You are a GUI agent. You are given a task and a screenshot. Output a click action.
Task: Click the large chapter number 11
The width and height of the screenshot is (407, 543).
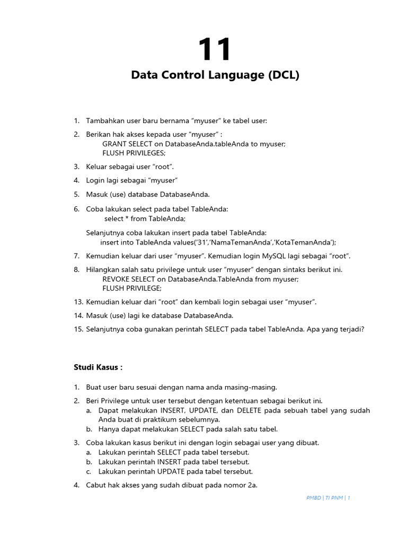click(215, 50)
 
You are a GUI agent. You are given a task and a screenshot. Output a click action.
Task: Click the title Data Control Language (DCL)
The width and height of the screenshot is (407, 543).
click(215, 75)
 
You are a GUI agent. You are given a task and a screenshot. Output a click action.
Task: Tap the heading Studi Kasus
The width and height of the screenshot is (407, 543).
click(98, 367)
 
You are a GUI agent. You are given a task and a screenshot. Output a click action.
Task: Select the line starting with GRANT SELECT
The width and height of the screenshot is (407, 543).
click(193, 144)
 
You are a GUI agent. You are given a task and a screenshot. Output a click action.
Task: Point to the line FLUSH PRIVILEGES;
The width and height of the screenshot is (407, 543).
click(134, 153)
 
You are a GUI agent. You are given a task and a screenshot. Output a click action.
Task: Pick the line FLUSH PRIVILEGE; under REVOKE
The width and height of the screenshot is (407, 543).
click(131, 288)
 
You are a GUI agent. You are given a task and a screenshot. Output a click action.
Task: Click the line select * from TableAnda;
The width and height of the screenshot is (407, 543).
click(145, 218)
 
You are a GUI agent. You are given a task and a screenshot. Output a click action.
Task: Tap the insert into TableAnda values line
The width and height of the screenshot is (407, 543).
click(218, 242)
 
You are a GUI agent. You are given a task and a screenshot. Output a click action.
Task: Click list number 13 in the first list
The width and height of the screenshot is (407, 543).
click(78, 302)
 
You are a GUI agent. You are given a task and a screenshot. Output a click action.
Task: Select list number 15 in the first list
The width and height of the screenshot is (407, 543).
click(78, 329)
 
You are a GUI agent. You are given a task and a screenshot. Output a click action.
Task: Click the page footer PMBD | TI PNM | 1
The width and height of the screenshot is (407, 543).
click(328, 498)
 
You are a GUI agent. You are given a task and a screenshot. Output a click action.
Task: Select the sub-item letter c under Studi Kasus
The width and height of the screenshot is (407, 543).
click(89, 471)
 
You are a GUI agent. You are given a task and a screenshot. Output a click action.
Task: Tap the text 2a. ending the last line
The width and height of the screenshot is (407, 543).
click(252, 485)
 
